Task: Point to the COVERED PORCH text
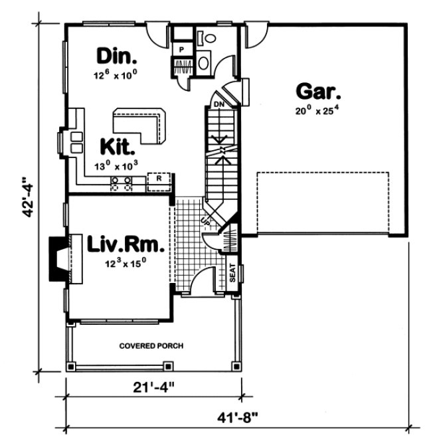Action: point(151,346)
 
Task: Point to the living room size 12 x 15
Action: point(125,263)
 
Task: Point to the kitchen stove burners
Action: point(122,184)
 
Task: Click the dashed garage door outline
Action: point(323,203)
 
